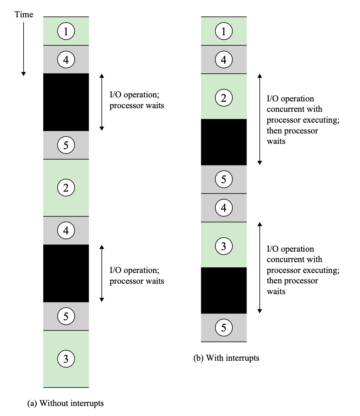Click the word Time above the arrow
pos(24,15)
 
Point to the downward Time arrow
pos(24,48)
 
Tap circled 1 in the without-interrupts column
pos(66,31)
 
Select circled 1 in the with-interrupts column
pos(223,31)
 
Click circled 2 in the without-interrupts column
pos(66,187)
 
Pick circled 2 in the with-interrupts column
pos(223,97)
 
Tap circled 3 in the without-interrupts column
pos(66,358)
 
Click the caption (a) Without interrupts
pos(65,403)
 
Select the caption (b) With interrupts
pos(227,358)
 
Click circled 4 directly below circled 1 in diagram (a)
pos(66,60)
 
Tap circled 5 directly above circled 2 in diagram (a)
pos(66,145)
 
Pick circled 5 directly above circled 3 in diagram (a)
pos(66,316)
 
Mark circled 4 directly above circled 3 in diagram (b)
pos(223,208)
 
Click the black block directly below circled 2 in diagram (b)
pos(223,142)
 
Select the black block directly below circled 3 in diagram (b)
pos(223,290)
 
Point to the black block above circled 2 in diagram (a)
pos(66,102)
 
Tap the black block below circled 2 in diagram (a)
pos(66,273)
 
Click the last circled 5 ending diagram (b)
pos(223,328)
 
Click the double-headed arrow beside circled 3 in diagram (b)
pos(260,267)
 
